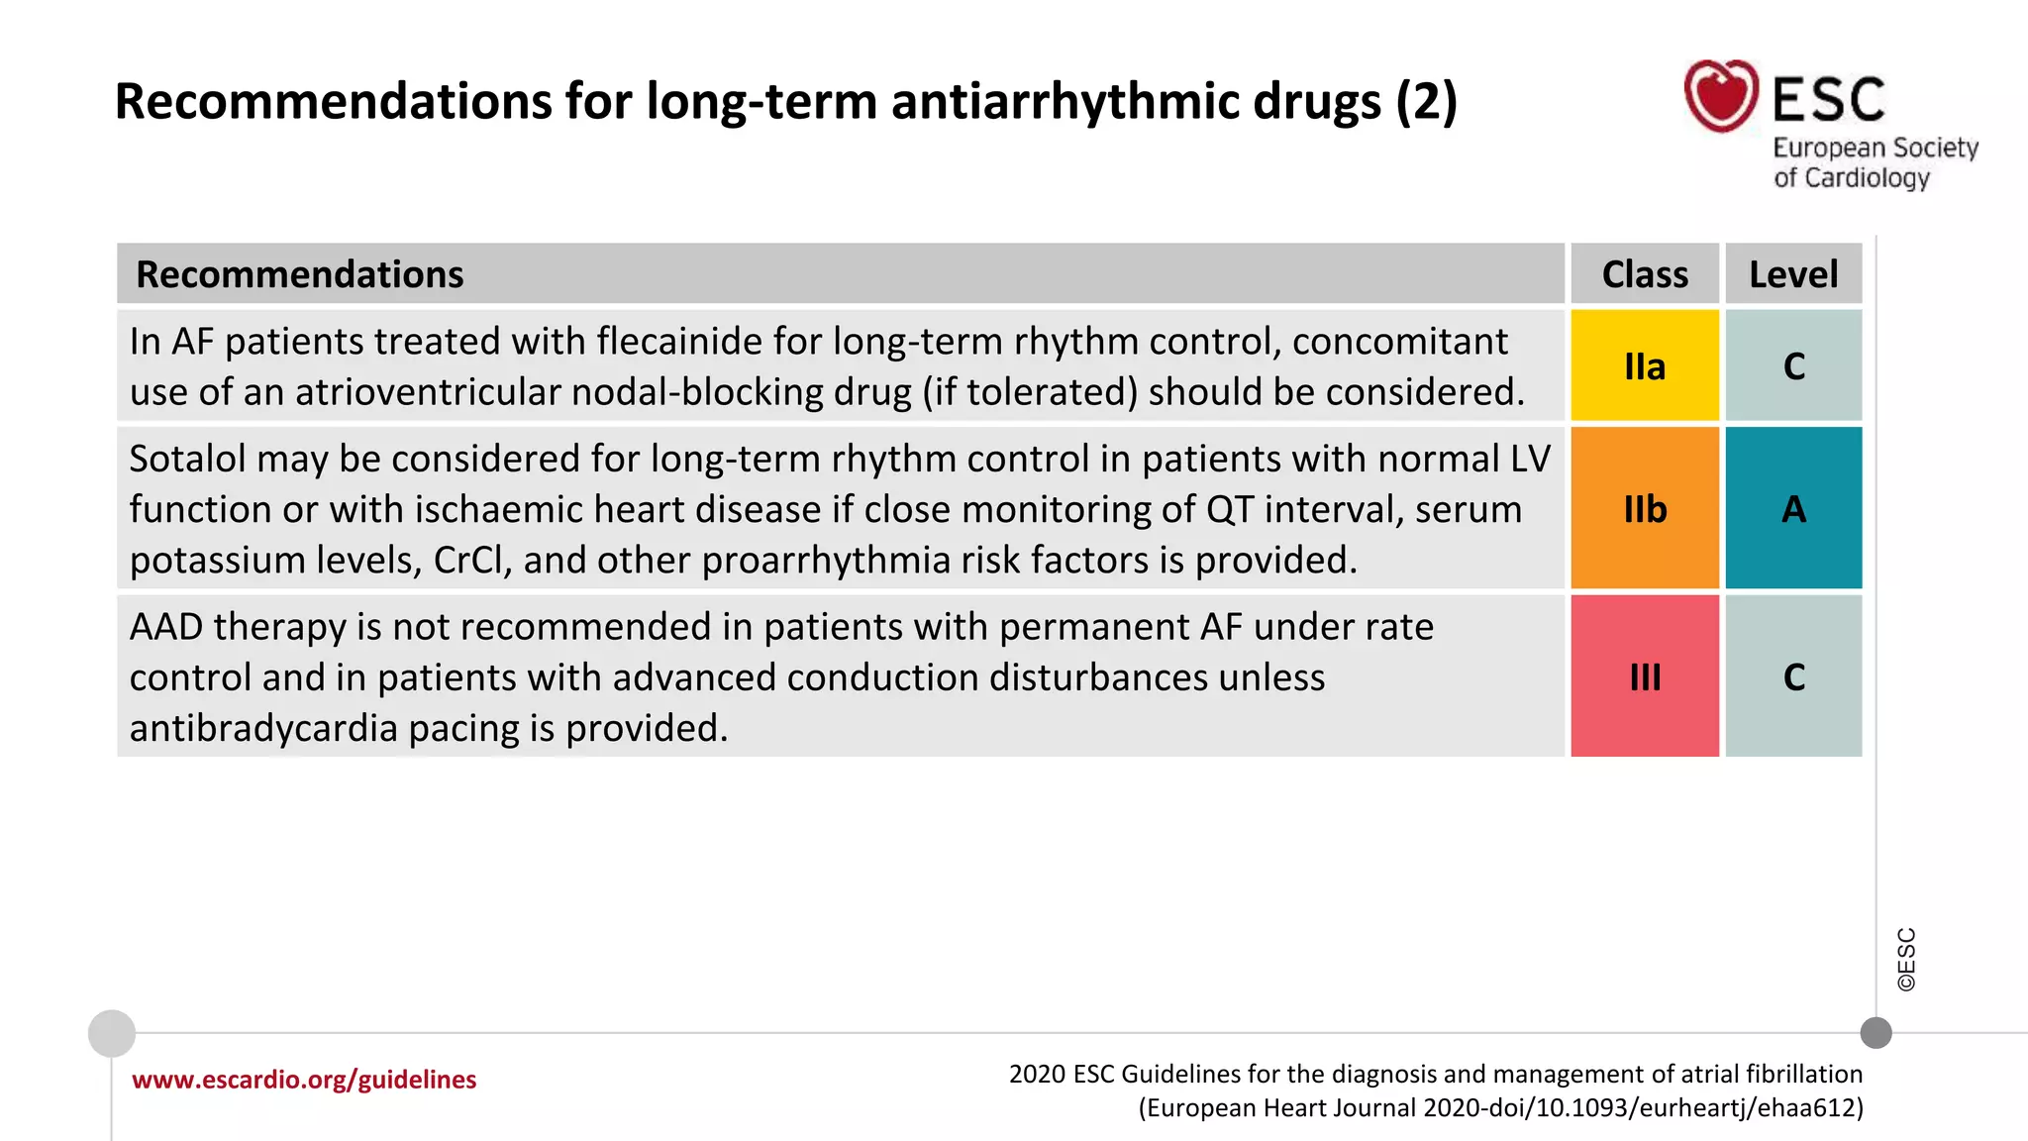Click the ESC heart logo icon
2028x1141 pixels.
[1721, 96]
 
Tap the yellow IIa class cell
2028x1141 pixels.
[1645, 365]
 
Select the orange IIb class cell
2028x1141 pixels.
[1645, 508]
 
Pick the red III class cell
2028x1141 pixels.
[1645, 676]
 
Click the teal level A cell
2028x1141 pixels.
[1793, 508]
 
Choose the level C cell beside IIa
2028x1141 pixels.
[1793, 365]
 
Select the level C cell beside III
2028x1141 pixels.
[1793, 676]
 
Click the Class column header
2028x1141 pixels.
[1645, 274]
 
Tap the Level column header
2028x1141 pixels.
[1793, 274]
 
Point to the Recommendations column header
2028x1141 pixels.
[299, 274]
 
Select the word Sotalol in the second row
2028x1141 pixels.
[187, 460]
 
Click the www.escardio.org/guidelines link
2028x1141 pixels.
[304, 1080]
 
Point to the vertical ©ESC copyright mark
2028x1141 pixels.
[1906, 960]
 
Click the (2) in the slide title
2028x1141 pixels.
[1426, 102]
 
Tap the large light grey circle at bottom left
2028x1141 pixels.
[112, 1034]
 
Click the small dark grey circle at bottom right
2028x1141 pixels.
[1876, 1033]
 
